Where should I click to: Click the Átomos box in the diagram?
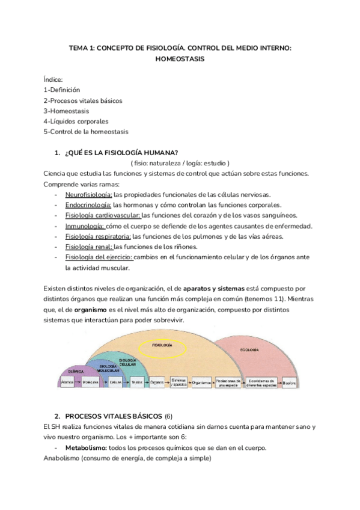tap(67, 382)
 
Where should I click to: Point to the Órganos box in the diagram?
tap(157, 382)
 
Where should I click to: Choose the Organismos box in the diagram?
tap(201, 382)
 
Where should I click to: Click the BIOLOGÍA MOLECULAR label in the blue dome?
tap(108, 367)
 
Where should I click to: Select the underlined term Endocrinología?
tap(88, 205)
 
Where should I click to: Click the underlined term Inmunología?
tap(85, 226)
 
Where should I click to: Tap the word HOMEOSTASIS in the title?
tap(180, 59)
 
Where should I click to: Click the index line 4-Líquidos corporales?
tap(76, 121)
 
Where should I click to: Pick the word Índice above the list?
tap(53, 80)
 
